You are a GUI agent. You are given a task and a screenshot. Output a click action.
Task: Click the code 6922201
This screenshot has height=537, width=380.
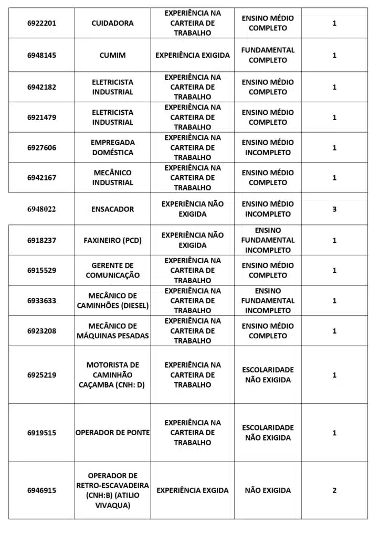[42, 23]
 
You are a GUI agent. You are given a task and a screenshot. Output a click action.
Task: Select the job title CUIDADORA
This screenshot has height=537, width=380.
[112, 23]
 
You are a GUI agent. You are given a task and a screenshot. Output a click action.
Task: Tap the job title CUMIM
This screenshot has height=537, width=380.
[112, 55]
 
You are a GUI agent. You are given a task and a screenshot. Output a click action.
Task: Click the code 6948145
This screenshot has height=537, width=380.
[42, 55]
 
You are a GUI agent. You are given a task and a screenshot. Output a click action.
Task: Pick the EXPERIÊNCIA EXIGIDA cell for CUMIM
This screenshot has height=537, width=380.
[193, 55]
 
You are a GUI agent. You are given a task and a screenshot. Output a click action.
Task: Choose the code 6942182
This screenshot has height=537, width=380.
[42, 87]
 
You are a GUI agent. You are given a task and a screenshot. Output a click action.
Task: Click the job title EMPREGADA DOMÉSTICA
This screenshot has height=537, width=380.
[112, 147]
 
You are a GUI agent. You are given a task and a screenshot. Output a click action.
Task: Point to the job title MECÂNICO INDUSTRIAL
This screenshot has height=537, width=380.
[112, 178]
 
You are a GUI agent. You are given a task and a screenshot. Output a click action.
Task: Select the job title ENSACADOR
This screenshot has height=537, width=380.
[112, 209]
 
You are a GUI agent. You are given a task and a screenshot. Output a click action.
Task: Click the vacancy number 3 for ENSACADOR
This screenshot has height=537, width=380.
[334, 209]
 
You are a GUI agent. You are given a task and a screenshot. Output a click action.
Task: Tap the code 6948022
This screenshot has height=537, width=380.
[42, 209]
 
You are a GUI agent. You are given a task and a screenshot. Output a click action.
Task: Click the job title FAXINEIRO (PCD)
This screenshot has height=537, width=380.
[112, 240]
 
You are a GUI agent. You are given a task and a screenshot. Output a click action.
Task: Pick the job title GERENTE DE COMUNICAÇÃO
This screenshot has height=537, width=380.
[112, 270]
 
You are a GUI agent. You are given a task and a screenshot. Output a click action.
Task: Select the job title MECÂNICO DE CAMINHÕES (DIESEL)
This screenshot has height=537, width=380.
[112, 300]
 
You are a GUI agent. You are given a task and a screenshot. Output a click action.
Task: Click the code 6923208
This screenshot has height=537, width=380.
[42, 331]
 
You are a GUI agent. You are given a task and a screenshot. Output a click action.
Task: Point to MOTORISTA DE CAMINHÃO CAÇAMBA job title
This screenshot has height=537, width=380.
[112, 375]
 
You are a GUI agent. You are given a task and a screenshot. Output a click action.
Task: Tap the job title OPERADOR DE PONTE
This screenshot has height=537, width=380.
[112, 433]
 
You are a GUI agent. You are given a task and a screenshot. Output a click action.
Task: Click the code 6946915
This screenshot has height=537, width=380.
[42, 490]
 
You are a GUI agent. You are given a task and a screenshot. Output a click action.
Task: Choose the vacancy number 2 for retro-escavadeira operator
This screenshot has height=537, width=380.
[334, 490]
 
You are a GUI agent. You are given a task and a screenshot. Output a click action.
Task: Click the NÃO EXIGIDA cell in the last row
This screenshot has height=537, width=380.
[268, 490]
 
